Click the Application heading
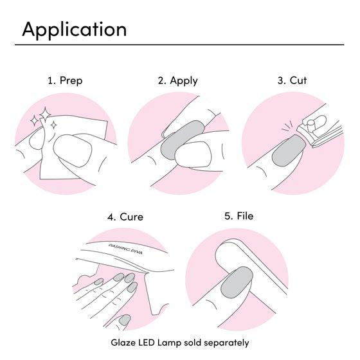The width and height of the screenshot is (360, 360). (x=74, y=30)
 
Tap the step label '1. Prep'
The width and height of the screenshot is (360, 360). (x=65, y=80)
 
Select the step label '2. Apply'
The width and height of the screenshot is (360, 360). (x=177, y=81)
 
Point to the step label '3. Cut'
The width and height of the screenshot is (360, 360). (x=292, y=80)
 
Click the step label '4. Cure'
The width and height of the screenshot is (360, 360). (x=125, y=217)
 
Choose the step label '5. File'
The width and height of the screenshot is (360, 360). (x=239, y=216)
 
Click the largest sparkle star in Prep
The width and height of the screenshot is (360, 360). (x=45, y=114)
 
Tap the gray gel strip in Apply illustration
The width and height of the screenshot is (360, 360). (x=181, y=139)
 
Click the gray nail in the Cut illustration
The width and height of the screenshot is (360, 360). (x=289, y=150)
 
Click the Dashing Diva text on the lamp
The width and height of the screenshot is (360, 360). (x=125, y=249)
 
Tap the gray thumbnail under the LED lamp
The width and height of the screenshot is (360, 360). (x=125, y=320)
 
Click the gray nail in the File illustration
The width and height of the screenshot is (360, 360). (x=237, y=282)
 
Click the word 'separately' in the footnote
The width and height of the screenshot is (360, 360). (x=226, y=343)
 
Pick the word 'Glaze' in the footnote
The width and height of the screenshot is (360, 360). (x=123, y=343)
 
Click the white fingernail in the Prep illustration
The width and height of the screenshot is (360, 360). (x=73, y=150)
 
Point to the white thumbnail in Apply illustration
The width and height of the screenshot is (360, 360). (x=193, y=154)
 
